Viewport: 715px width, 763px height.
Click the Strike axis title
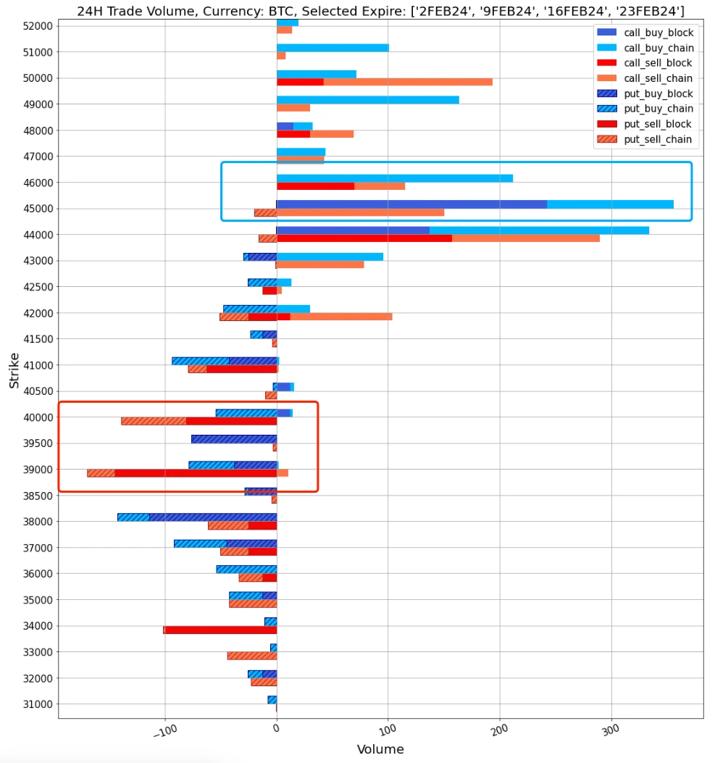point(14,370)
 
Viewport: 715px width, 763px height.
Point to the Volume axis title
point(380,749)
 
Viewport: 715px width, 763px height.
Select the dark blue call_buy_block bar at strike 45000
point(411,204)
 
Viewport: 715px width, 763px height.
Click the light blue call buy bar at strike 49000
point(367,100)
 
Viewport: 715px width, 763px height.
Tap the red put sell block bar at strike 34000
point(221,630)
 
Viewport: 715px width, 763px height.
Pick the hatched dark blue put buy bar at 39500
point(234,439)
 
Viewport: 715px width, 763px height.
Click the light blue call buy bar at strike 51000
point(333,48)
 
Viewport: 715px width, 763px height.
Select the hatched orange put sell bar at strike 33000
point(252,656)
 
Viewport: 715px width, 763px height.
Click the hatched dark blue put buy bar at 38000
point(213,517)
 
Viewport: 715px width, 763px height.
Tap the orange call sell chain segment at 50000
point(408,82)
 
